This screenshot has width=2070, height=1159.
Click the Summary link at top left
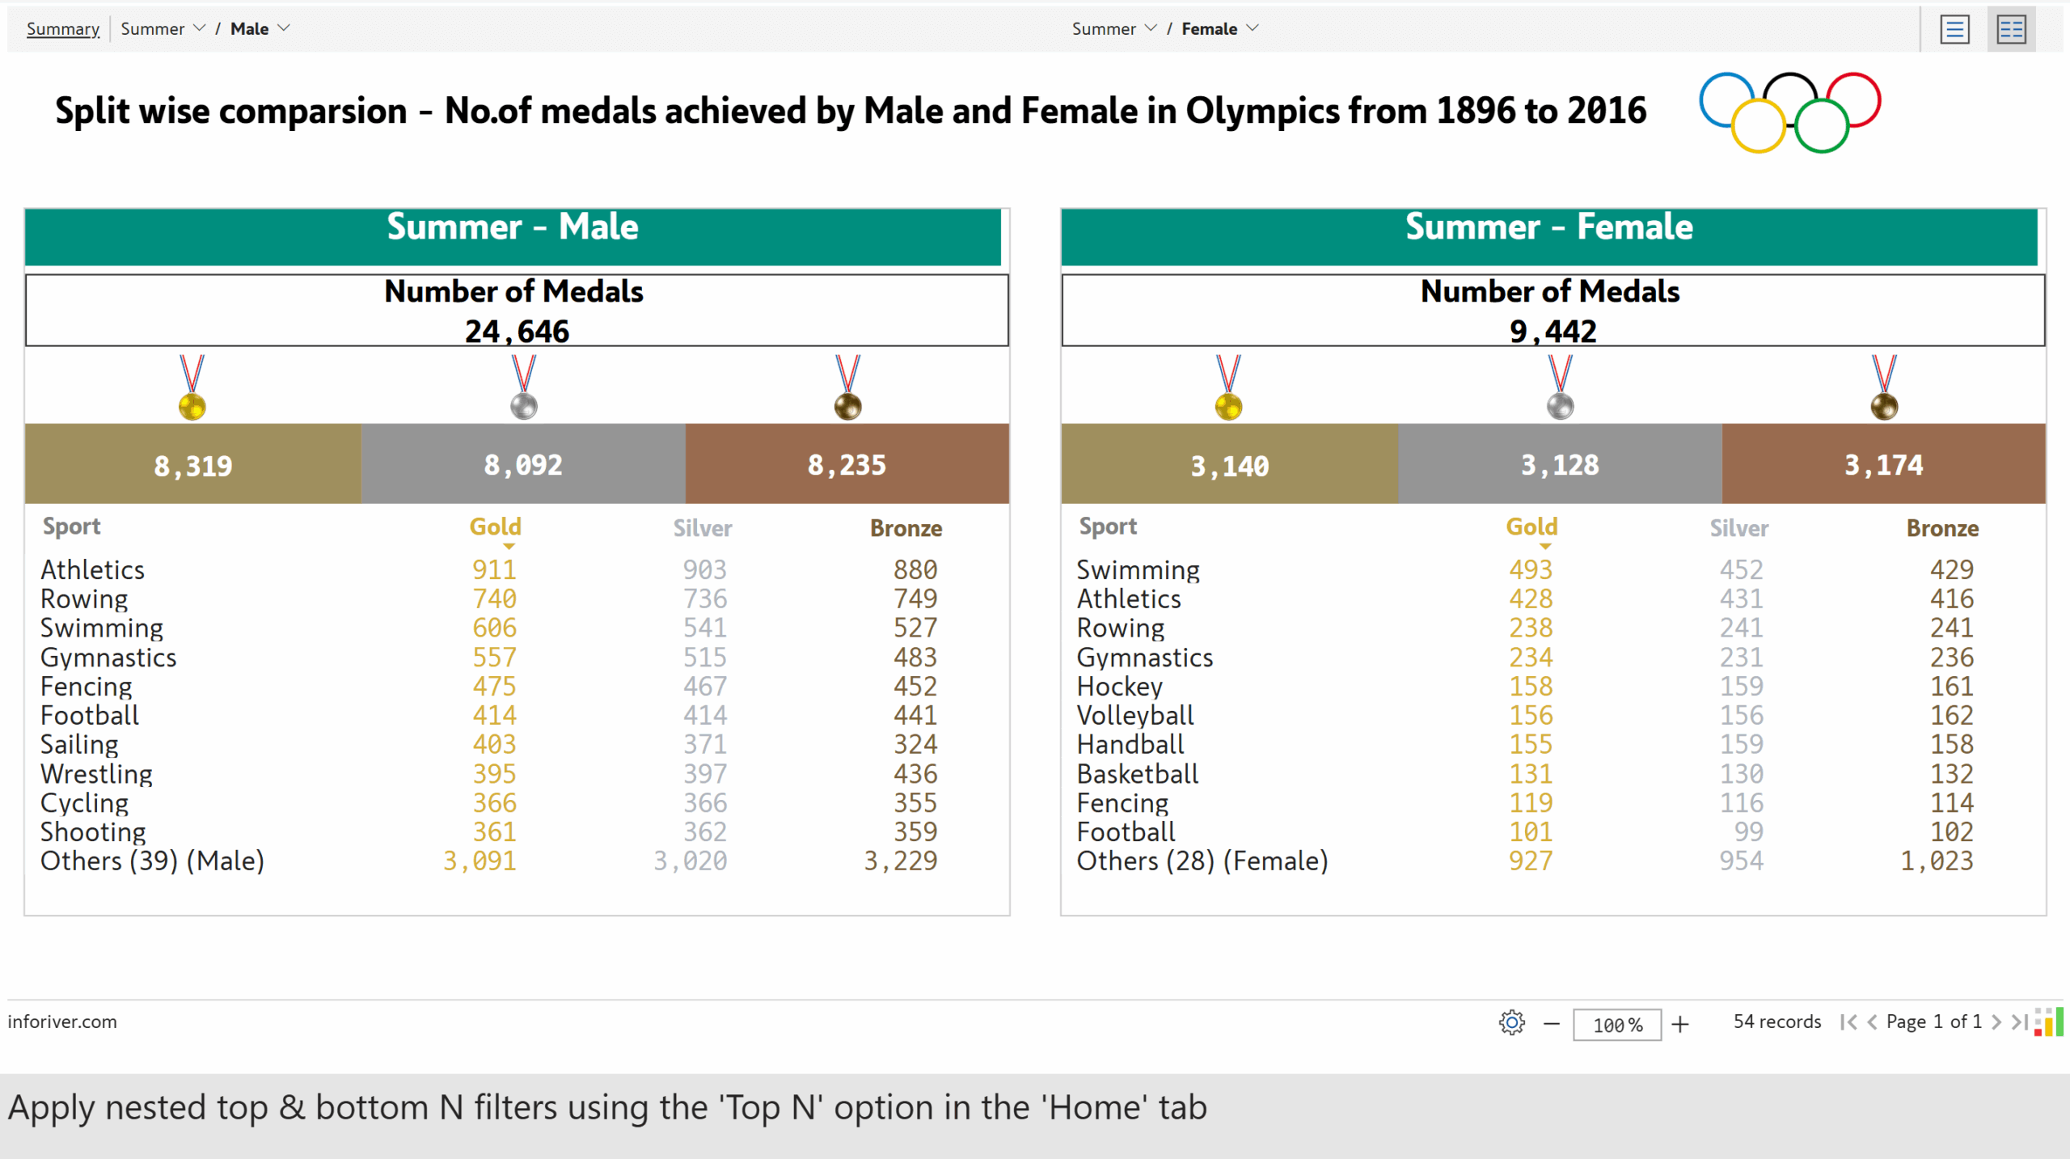(62, 29)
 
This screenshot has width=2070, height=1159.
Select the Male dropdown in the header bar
(260, 29)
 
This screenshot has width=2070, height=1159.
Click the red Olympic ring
(1854, 99)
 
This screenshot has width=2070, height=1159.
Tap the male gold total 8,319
(192, 466)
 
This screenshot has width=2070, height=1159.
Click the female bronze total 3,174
(1883, 465)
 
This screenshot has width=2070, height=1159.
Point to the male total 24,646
(517, 332)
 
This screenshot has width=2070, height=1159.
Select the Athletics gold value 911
(494, 570)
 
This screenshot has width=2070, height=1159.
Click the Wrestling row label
(96, 774)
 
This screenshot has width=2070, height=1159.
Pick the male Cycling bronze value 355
(915, 803)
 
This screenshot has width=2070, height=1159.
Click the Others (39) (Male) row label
(152, 861)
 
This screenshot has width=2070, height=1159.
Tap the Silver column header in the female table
(1738, 529)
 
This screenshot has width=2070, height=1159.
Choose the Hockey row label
(1119, 687)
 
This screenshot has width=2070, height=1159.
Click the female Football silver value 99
(1748, 832)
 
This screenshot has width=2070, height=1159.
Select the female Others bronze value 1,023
(1937, 861)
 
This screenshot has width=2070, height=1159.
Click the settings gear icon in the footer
(1511, 1023)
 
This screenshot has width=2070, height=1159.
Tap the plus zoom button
(1680, 1025)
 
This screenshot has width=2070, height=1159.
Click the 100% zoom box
(1616, 1025)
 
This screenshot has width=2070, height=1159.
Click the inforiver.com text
(62, 1022)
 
